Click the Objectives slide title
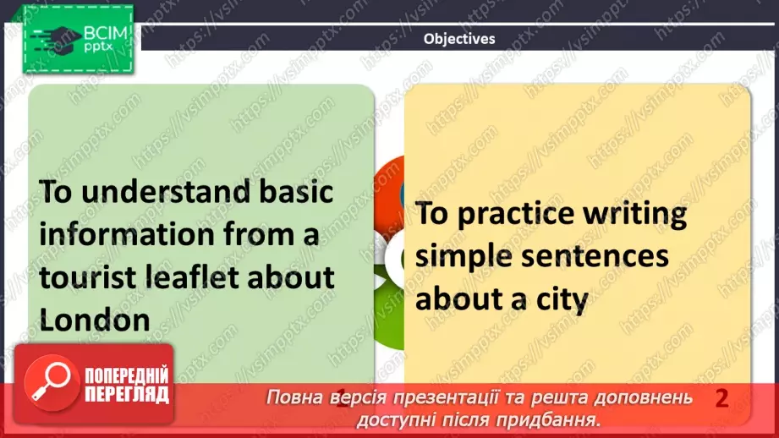point(458,38)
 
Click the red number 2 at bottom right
point(721,398)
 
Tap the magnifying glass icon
point(48,383)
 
